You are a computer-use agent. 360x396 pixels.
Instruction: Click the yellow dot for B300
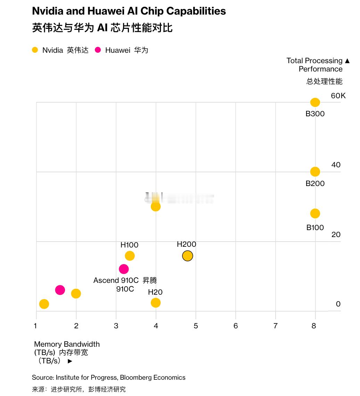click(315, 102)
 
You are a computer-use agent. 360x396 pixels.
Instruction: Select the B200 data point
click(315, 171)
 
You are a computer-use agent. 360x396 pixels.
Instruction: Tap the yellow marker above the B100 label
click(315, 213)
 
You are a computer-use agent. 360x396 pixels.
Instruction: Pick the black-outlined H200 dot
click(187, 256)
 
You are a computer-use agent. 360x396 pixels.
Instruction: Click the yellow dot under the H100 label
click(130, 256)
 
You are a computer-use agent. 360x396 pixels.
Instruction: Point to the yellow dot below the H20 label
click(156, 303)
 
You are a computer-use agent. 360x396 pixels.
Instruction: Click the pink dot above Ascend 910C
click(124, 269)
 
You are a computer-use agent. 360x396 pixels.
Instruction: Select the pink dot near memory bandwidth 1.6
click(60, 290)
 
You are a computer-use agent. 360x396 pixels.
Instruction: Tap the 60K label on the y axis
click(338, 96)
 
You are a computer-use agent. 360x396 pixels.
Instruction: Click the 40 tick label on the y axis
click(336, 165)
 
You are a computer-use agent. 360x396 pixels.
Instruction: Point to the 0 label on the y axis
click(338, 304)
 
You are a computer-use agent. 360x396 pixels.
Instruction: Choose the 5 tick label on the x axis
click(196, 326)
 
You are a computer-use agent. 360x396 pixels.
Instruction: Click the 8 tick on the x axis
click(314, 326)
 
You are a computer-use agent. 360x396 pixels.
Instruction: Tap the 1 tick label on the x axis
click(35, 326)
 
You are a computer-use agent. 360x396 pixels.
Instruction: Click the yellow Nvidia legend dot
click(35, 50)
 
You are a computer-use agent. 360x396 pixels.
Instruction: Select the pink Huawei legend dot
click(98, 50)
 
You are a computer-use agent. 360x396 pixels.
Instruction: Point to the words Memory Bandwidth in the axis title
click(67, 344)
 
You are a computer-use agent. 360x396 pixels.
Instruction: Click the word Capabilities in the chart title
click(196, 11)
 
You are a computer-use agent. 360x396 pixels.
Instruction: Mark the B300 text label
click(315, 114)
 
